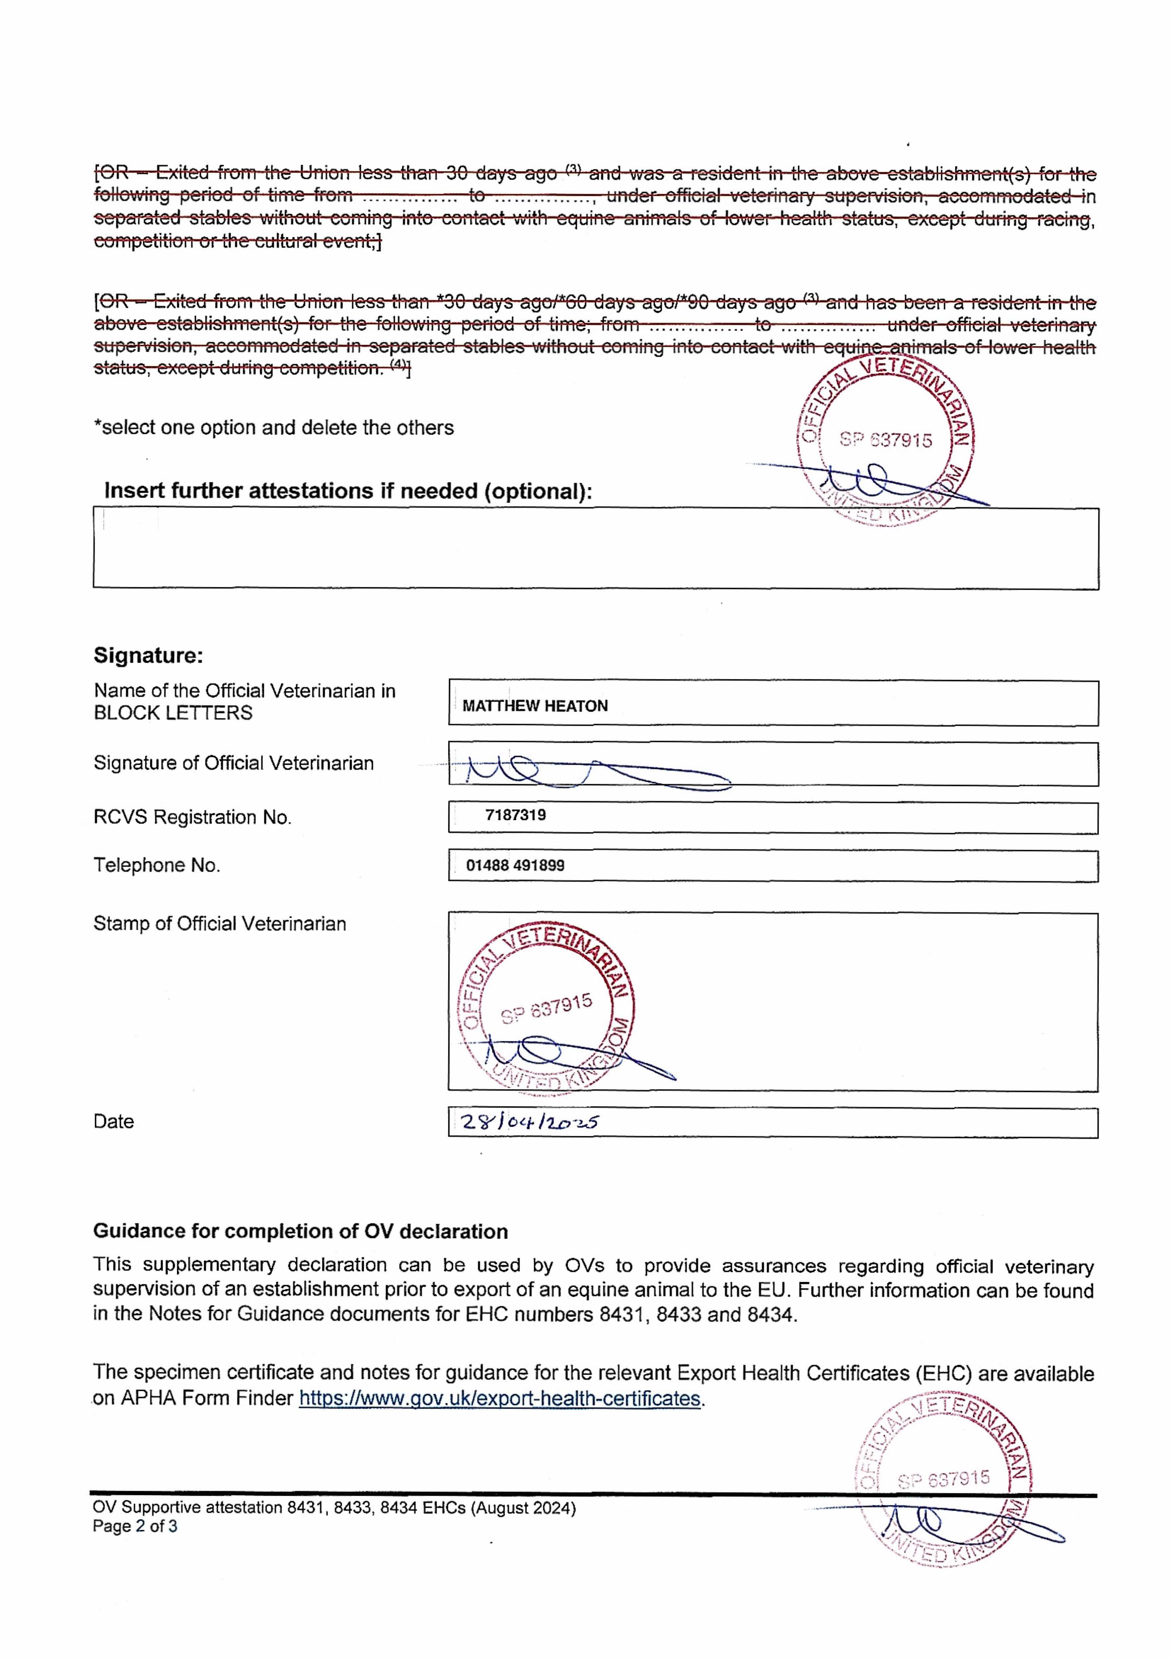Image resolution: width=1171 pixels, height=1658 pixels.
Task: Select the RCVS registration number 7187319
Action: (x=515, y=815)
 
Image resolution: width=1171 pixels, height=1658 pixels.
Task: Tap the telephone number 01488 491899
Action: (x=515, y=865)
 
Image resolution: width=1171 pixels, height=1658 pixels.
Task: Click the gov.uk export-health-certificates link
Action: (x=499, y=1399)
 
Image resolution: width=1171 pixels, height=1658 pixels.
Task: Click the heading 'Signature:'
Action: (x=148, y=656)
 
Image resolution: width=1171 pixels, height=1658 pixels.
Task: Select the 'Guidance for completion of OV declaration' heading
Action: (x=300, y=1231)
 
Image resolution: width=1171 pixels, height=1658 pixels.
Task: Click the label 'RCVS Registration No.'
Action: (x=192, y=817)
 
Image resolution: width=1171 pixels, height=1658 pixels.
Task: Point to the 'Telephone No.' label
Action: (x=157, y=865)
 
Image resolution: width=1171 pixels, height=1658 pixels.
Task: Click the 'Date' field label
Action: (x=113, y=1121)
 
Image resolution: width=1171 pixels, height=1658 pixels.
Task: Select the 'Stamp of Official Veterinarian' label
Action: (x=219, y=924)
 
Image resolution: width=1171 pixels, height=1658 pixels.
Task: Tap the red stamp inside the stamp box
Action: (x=547, y=1006)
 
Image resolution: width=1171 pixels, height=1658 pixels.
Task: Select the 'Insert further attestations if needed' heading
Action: (x=348, y=491)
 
